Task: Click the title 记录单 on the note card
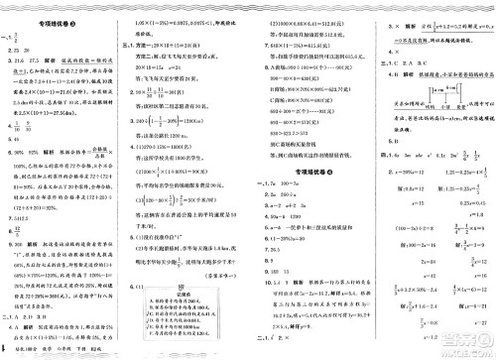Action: click(208, 281)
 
